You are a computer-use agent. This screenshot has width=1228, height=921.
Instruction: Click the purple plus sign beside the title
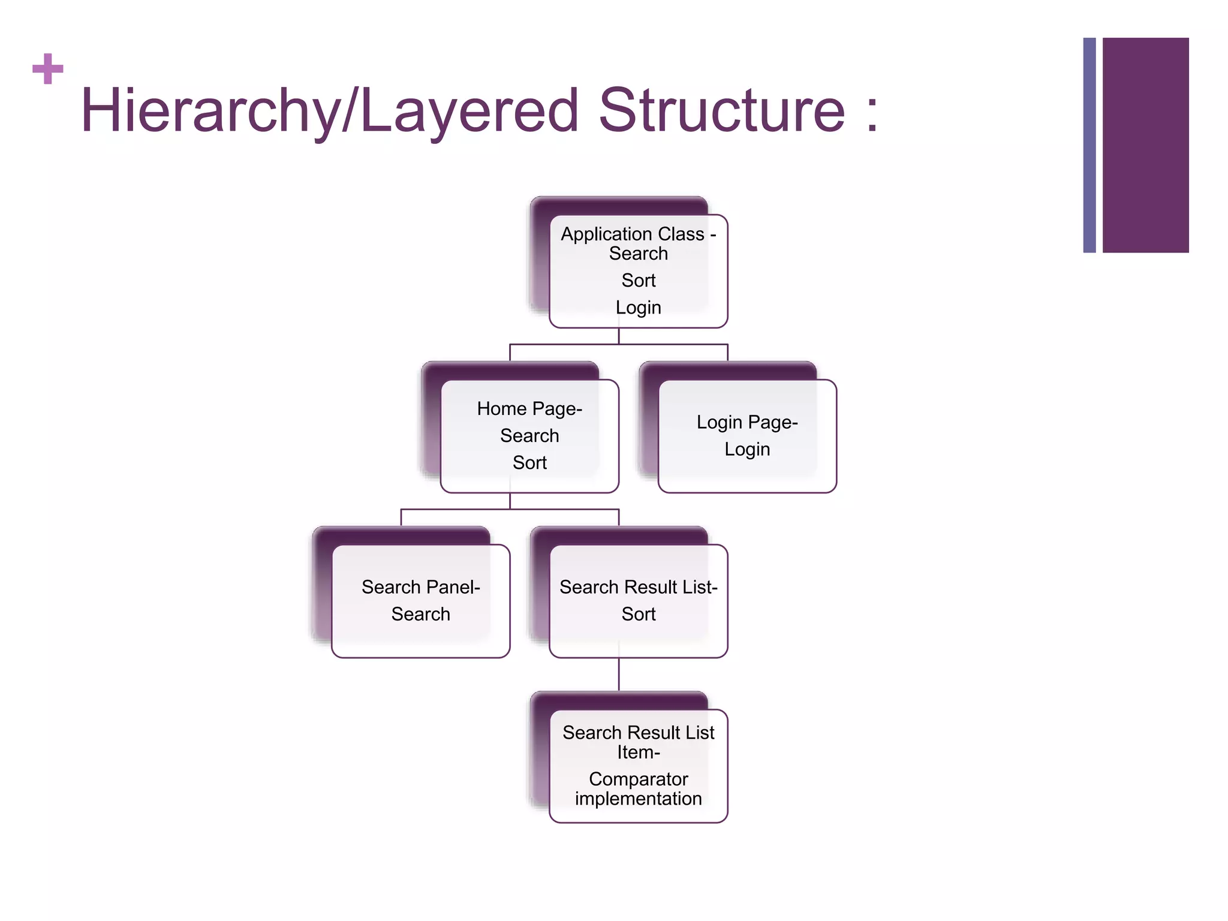click(x=48, y=69)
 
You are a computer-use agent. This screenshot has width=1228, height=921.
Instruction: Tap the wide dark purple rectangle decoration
click(x=1145, y=145)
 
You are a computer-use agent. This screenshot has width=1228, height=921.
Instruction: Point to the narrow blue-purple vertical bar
click(x=1089, y=145)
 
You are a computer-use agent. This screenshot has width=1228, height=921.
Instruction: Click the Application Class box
click(x=638, y=271)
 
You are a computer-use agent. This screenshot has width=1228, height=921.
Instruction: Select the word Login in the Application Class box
click(x=638, y=308)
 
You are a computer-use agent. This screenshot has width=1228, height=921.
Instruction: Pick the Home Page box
click(x=529, y=436)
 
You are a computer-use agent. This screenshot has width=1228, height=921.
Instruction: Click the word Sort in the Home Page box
click(x=529, y=463)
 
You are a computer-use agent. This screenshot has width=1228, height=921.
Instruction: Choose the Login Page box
click(x=747, y=436)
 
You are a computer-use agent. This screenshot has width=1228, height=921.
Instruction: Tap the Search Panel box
click(x=420, y=601)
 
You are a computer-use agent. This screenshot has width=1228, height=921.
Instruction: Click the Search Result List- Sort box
click(x=638, y=601)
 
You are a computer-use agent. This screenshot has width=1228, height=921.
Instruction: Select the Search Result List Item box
click(x=638, y=766)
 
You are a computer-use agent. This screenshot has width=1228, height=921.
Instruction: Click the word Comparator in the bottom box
click(x=638, y=779)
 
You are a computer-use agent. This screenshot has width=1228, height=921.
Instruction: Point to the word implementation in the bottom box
click(x=638, y=799)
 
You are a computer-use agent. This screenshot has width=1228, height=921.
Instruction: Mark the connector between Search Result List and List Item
click(x=619, y=675)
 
